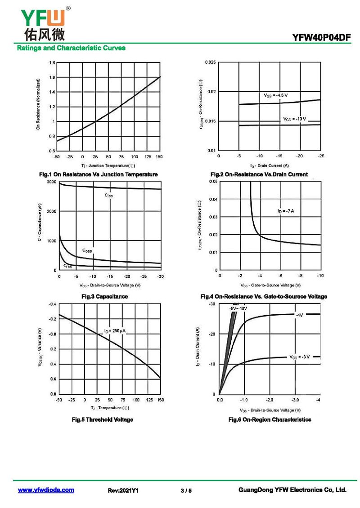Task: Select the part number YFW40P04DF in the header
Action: point(321,38)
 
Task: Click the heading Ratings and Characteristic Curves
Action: point(71,48)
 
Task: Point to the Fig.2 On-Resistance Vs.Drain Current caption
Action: point(259,174)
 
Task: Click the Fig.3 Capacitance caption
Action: point(104,297)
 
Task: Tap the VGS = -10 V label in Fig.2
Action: point(294,119)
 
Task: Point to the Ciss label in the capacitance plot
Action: point(109,196)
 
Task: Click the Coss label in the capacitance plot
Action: point(87,250)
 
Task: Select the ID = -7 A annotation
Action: point(285,211)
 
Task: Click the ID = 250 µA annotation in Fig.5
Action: point(115,331)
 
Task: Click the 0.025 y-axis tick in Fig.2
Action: point(210,62)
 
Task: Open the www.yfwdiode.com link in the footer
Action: point(46,490)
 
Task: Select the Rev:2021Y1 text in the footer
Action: point(123,490)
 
